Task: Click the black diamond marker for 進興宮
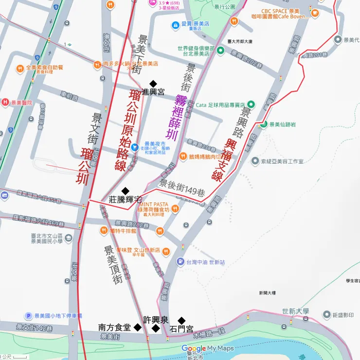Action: pyautogui.click(x=153, y=84)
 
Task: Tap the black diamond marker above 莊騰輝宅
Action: pyautogui.click(x=126, y=191)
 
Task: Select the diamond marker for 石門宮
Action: pyautogui.click(x=181, y=321)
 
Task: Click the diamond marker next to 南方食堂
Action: pyautogui.click(x=138, y=328)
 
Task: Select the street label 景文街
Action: pyautogui.click(x=91, y=128)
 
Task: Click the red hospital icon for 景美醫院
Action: pyautogui.click(x=5, y=103)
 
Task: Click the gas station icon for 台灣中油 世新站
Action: pyautogui.click(x=180, y=262)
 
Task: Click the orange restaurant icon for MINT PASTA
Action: pyautogui.click(x=175, y=208)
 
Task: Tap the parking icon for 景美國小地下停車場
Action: pyautogui.click(x=29, y=316)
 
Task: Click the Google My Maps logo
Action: pyautogui.click(x=207, y=348)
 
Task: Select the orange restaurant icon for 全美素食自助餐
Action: pyautogui.click(x=20, y=68)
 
